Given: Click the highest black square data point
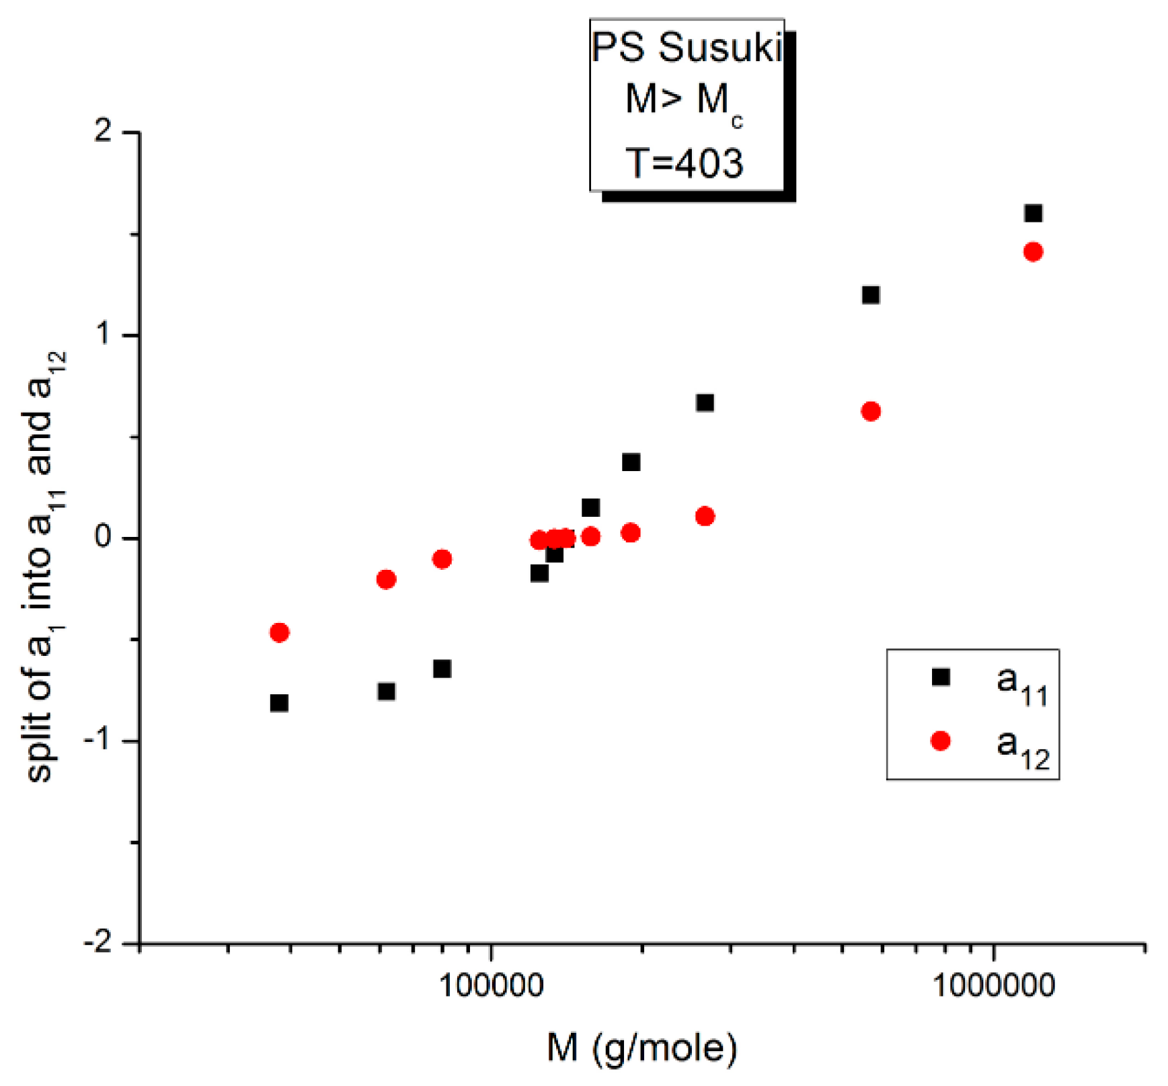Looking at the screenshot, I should click(x=1033, y=214).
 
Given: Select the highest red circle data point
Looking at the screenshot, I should click(x=1033, y=252).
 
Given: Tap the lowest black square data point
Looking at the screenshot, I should click(x=279, y=703).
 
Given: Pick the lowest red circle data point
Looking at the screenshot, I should click(x=279, y=632).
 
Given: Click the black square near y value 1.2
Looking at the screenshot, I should click(x=870, y=294).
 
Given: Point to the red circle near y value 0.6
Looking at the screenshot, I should click(x=870, y=411).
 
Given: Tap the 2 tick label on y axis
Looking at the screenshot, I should click(x=103, y=130).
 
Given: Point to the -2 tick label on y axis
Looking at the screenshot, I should click(x=98, y=943).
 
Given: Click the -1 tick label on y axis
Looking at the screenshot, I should click(x=98, y=740).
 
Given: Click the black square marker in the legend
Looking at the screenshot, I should click(x=941, y=676).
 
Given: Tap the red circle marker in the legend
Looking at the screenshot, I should click(x=941, y=741).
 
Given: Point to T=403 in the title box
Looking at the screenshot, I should click(x=685, y=163).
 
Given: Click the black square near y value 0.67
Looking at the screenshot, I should click(x=704, y=403).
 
